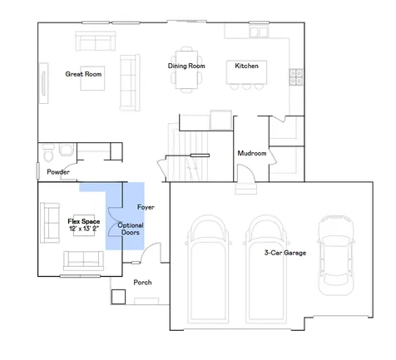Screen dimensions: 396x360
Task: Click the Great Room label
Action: (83, 74)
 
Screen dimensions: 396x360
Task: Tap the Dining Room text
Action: (186, 66)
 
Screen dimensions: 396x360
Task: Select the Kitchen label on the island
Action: (246, 66)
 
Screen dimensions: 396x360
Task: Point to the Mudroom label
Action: (252, 153)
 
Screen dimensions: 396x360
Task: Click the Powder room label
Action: (58, 172)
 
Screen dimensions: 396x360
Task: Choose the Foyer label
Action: (146, 207)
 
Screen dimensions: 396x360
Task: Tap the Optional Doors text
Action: (131, 229)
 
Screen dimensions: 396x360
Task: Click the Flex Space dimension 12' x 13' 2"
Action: (84, 229)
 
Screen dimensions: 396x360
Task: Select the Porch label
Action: (142, 283)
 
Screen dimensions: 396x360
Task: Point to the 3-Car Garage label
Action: (285, 253)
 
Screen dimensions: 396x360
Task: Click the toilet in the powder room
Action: (49, 153)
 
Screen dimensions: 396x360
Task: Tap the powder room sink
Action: (67, 150)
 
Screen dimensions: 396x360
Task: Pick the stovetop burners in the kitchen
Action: (296, 77)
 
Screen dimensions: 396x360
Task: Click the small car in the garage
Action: (336, 255)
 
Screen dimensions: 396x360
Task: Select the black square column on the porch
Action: (119, 297)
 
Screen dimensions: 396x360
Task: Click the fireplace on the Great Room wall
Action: (43, 83)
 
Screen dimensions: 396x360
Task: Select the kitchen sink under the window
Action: (259, 32)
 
